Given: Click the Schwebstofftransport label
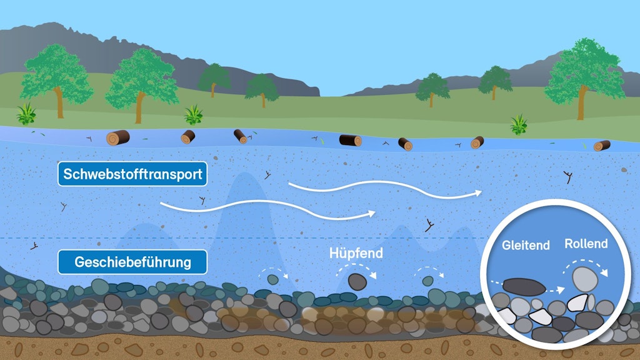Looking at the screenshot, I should (x=132, y=174).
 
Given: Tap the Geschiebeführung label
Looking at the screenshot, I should (x=132, y=262).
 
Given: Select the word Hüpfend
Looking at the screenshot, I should (x=356, y=254).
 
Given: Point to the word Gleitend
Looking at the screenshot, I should (x=526, y=246).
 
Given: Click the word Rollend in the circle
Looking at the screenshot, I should (x=586, y=244).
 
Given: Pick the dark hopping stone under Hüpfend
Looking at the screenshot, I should (x=357, y=282).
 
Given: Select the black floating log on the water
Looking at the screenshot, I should (x=350, y=140).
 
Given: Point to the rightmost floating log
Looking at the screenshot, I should (x=602, y=146).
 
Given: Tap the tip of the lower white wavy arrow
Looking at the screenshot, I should (x=374, y=213).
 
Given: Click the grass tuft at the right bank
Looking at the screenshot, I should (x=518, y=124).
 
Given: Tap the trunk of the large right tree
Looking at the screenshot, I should (x=582, y=105).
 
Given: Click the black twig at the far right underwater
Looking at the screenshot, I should (x=569, y=177).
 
